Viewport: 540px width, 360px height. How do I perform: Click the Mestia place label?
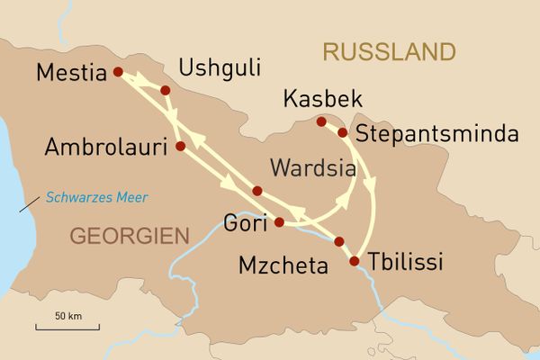tap(71, 73)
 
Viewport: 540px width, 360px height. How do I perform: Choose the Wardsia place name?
tap(310, 167)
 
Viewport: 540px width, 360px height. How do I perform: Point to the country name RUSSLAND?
tap(389, 51)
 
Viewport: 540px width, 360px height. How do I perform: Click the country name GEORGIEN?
tap(130, 237)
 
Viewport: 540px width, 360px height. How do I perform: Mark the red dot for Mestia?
tap(117, 73)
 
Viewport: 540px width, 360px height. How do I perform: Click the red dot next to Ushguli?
tap(165, 90)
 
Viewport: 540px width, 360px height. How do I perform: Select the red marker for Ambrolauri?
tap(180, 146)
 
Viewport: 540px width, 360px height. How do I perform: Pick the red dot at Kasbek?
tap(321, 121)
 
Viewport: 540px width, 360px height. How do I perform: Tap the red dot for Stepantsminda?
tap(342, 133)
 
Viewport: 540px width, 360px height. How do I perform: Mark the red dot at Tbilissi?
tap(354, 261)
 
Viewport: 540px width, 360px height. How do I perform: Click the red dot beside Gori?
tap(279, 221)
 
